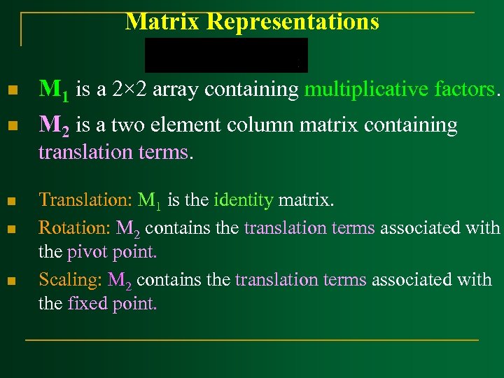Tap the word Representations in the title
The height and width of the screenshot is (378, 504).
[x=293, y=22]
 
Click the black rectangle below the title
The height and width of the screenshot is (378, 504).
[x=226, y=55]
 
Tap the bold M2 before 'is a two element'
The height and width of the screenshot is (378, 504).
[x=53, y=126]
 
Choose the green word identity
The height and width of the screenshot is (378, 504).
[x=244, y=200]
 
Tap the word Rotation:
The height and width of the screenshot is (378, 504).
[x=74, y=227]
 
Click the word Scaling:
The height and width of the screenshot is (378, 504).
[x=71, y=279]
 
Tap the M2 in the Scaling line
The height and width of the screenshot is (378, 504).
[x=120, y=280]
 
